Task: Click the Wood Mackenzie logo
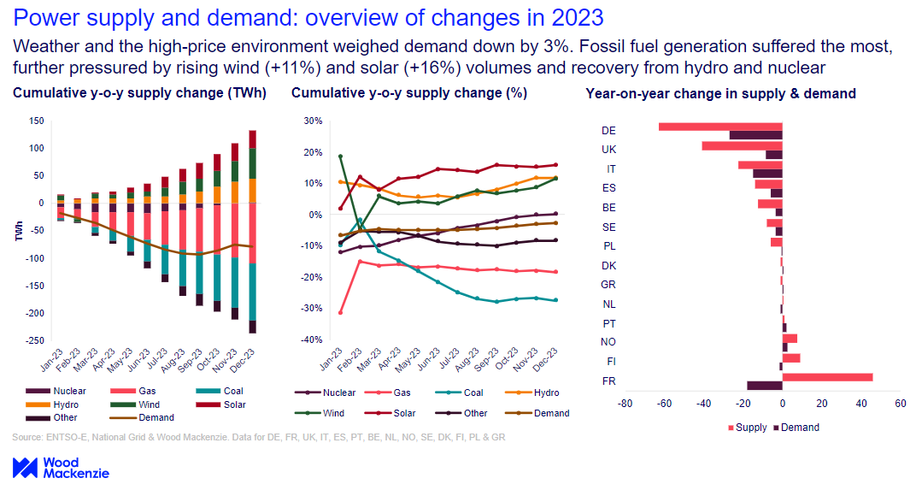click(x=60, y=468)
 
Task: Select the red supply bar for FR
click(x=827, y=377)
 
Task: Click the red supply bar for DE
click(x=720, y=127)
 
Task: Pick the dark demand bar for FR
click(x=765, y=386)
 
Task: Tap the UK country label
click(x=608, y=150)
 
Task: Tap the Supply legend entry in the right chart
click(x=745, y=428)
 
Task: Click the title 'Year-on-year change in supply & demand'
click(x=720, y=94)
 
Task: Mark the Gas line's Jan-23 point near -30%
click(x=340, y=312)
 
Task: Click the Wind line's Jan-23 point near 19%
click(x=340, y=156)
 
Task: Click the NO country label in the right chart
click(x=608, y=342)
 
